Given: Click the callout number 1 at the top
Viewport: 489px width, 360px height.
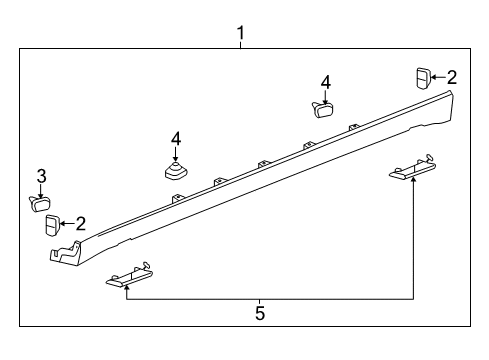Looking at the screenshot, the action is click(241, 33).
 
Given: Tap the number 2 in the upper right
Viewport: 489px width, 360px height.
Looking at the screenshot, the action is click(452, 77).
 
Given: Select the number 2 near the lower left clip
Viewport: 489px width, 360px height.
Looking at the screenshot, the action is click(81, 224).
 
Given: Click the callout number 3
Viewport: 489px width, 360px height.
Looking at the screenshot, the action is click(41, 176).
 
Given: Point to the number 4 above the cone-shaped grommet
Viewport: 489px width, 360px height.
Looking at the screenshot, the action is click(176, 139).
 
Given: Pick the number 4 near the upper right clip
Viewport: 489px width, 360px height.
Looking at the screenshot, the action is click(326, 82).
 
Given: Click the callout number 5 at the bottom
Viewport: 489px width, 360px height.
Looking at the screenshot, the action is click(260, 313).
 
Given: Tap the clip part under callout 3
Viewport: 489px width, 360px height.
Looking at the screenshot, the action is click(39, 204).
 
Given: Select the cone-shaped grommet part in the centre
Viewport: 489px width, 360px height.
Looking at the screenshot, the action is click(176, 171).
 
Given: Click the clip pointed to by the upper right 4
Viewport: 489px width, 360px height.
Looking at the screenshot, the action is click(323, 109).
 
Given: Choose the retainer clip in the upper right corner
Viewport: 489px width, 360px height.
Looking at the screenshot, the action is click(423, 78).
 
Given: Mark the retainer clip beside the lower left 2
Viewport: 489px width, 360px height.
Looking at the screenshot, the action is click(52, 226).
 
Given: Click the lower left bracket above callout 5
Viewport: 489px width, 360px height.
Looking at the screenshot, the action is click(130, 275).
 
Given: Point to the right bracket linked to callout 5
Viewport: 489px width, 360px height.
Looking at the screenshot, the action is click(413, 167).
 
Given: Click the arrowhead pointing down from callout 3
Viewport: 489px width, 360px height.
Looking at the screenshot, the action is click(41, 197).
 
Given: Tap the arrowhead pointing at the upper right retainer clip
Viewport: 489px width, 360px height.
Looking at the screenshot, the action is click(433, 77).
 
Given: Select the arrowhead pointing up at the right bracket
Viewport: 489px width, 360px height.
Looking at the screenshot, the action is click(413, 181).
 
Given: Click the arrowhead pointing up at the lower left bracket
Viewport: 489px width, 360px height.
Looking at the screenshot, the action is click(127, 288).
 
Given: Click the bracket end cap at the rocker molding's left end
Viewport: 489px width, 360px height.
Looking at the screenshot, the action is click(65, 253).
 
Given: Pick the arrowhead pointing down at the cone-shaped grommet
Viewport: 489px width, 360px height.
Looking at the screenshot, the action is click(176, 159).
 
